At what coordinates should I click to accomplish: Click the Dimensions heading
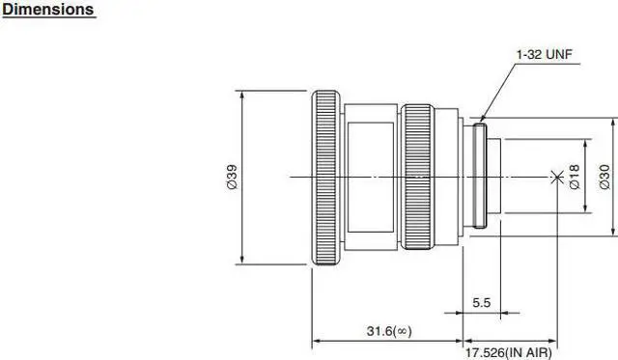(x=48, y=10)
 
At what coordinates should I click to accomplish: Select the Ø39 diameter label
(x=233, y=177)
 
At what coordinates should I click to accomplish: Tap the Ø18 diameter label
(x=575, y=177)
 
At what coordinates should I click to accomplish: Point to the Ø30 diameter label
(x=604, y=177)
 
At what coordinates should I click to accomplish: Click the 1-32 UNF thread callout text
(x=544, y=54)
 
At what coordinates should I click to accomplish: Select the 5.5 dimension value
(x=481, y=302)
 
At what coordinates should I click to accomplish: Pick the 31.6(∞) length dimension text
(x=389, y=331)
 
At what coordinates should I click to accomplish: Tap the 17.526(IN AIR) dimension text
(x=509, y=352)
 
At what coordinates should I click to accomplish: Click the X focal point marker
(x=556, y=177)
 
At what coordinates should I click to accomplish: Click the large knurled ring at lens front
(x=326, y=178)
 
